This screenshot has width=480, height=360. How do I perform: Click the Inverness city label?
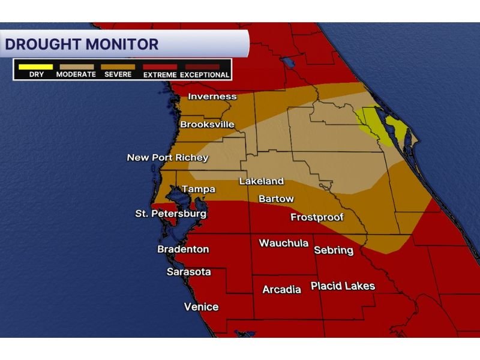212,97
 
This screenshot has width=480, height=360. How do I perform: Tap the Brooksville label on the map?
207,125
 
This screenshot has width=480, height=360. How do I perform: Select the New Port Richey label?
167,158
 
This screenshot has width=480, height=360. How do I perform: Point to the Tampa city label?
198,189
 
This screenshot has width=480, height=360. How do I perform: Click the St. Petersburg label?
170,214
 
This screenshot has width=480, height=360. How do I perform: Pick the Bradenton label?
183,249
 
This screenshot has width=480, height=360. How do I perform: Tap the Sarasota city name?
188,272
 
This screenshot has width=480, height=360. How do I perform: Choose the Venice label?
201,307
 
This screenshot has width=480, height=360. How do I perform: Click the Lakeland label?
261,181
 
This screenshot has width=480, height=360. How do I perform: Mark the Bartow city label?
276,199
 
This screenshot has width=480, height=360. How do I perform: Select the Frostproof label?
317,217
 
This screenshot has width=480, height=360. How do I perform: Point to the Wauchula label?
283,243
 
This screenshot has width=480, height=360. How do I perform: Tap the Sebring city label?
334,250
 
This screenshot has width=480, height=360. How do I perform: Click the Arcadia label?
281,290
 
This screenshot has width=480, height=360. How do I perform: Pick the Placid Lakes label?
343,286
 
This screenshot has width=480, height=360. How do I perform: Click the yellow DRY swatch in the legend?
35,67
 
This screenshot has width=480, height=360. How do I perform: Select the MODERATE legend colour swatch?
76,67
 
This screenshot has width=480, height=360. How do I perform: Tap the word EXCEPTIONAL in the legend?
205,75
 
